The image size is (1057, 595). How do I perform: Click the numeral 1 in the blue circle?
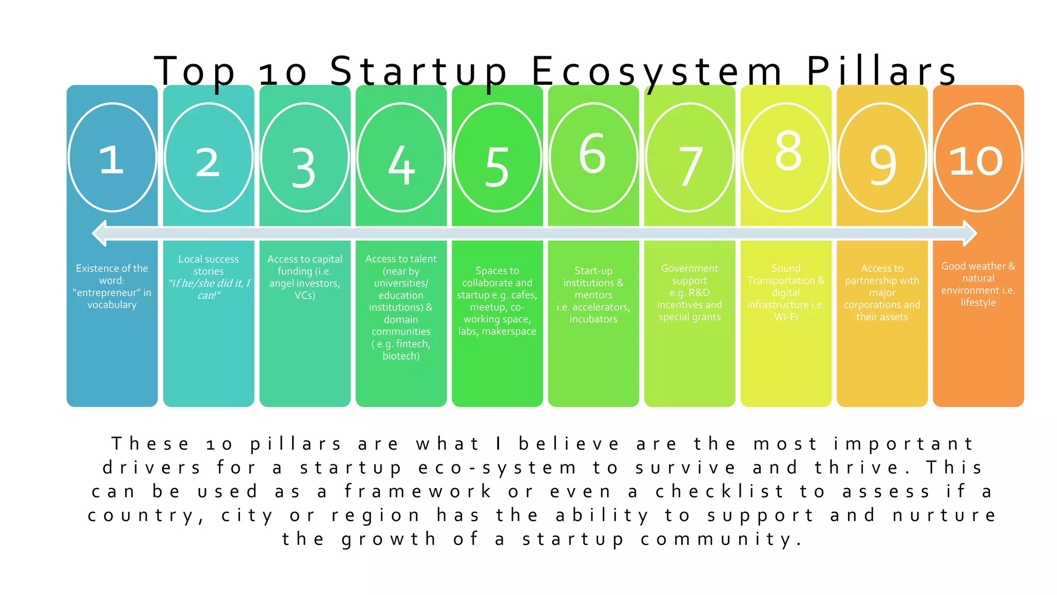coord(111,160)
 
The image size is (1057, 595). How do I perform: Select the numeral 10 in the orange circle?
coord(976,161)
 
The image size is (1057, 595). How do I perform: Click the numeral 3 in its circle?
coord(303,168)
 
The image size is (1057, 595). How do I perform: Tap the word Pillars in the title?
coord(882,71)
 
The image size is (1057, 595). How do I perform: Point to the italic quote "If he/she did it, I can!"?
coord(209,289)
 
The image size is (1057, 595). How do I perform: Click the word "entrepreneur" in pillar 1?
coord(107,293)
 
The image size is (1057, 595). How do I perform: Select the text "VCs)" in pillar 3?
coord(305,295)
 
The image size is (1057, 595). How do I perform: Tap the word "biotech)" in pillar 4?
coord(401,356)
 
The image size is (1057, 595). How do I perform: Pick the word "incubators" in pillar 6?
coord(594,319)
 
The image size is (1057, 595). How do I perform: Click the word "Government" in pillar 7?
coord(690,269)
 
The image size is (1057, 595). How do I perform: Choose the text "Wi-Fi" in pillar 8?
coord(786,317)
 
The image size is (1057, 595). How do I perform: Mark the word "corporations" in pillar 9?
coord(872,305)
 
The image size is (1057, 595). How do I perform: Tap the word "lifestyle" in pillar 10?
coord(978,303)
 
